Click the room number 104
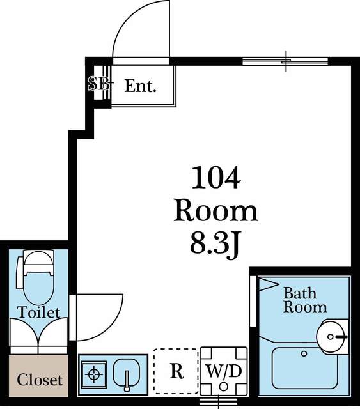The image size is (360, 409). pos(216,178)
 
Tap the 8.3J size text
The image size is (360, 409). pos(215,244)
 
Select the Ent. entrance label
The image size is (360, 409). pos(140,86)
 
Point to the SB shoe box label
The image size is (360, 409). pos(98,83)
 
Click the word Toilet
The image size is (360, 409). pos(38,312)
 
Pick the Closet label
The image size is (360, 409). pos(40,380)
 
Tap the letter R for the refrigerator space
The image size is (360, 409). pos(176,371)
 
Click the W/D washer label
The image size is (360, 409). pos(224,371)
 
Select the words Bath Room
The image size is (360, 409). pos(305,300)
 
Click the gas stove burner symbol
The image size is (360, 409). pos(94,374)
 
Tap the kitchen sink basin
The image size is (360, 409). pos(127,373)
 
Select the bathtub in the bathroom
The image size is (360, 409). pos(305,368)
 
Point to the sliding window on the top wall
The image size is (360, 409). pos(285,61)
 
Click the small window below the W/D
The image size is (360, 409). pos(219,401)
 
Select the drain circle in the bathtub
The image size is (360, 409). pos(304,353)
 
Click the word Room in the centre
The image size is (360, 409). pos(216,212)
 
